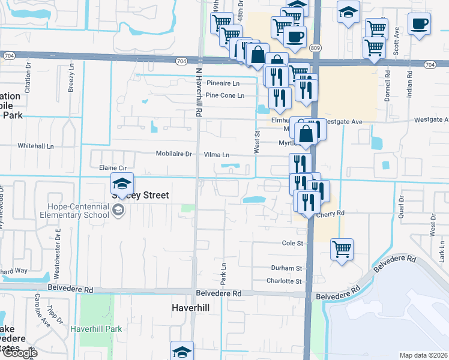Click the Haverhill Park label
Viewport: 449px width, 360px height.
96,329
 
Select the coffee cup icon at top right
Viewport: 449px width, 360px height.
419,25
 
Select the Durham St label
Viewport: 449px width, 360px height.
286,268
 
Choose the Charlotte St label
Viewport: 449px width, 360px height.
284,281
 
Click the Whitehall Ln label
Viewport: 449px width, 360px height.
35,146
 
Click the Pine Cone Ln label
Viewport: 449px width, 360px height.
224,95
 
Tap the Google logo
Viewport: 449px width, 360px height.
19,353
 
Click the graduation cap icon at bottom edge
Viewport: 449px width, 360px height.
182,352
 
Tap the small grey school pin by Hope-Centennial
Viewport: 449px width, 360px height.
118,209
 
